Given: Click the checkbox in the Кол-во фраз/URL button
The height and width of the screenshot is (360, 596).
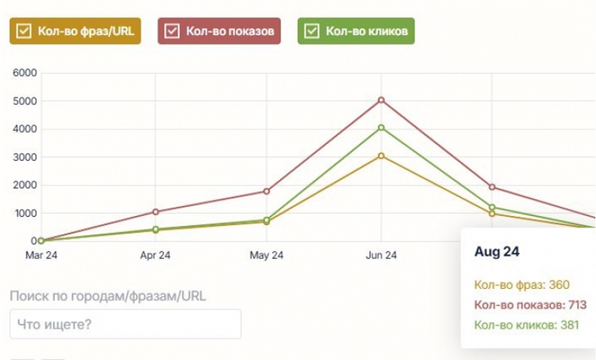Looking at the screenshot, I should pyautogui.click(x=24, y=31).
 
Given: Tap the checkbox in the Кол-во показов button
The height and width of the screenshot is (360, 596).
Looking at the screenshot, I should pyautogui.click(x=172, y=31).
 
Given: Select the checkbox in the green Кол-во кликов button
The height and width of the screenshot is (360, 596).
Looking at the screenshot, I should pyautogui.click(x=312, y=31).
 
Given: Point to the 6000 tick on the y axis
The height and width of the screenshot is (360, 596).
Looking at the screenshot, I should pyautogui.click(x=26, y=73).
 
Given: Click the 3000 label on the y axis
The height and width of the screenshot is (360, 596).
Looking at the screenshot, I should pyautogui.click(x=26, y=157).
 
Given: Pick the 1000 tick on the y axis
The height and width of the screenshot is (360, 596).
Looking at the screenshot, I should pyautogui.click(x=26, y=213).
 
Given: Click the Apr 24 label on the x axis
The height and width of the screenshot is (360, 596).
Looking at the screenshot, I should pyautogui.click(x=156, y=255).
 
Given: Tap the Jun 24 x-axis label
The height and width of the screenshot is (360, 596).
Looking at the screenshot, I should pyautogui.click(x=381, y=255).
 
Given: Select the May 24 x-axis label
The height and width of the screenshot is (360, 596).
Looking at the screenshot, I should pyautogui.click(x=267, y=255).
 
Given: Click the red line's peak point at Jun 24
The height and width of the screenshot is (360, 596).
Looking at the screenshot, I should pyautogui.click(x=381, y=100).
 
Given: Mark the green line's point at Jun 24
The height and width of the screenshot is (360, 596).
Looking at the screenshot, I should pyautogui.click(x=381, y=128).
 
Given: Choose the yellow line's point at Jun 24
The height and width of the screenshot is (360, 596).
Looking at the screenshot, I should pyautogui.click(x=381, y=155).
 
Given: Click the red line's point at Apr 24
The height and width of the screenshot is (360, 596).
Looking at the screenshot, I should pyautogui.click(x=156, y=211).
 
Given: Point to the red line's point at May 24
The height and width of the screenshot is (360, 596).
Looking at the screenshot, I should pyautogui.click(x=267, y=191).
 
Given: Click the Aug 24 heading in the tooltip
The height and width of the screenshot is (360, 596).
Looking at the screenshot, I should pyautogui.click(x=496, y=251).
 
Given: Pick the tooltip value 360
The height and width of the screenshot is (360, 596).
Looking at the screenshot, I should pyautogui.click(x=559, y=285).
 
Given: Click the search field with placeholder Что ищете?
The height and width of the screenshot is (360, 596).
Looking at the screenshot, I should pyautogui.click(x=125, y=324).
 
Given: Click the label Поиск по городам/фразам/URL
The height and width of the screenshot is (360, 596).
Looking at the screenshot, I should pyautogui.click(x=108, y=296).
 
